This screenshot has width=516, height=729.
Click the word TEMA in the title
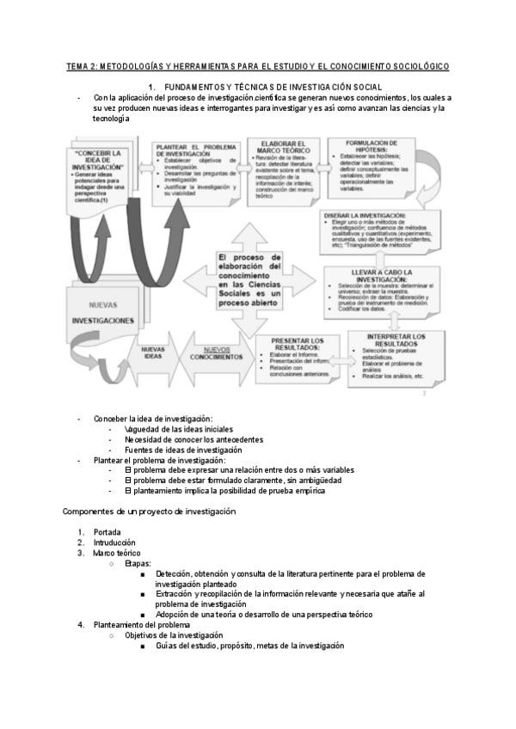click(79, 66)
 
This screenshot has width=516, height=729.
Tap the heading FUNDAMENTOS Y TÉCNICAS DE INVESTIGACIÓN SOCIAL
click(273, 88)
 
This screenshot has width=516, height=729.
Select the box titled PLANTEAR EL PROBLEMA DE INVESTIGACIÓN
click(196, 172)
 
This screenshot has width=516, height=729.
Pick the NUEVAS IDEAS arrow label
click(152, 352)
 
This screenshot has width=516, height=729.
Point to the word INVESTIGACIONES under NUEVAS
click(102, 320)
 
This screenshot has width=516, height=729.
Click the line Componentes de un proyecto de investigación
click(149, 512)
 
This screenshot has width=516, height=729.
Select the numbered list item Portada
click(107, 532)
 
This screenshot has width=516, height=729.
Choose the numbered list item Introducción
click(114, 542)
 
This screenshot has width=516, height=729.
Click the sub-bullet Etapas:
click(138, 563)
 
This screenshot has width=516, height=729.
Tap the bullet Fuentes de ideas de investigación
click(183, 450)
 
